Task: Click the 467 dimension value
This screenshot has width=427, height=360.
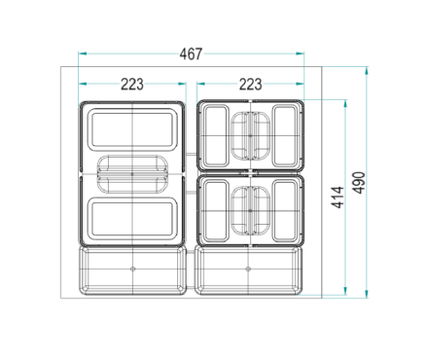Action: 191,54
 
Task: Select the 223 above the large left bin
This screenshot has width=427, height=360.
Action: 132,85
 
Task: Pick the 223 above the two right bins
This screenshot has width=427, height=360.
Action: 251,85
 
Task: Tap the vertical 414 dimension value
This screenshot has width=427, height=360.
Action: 338,198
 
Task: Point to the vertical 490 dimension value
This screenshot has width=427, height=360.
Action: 359,183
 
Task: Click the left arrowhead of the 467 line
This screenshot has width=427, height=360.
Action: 83,54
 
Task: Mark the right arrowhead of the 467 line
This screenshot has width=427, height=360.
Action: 300,54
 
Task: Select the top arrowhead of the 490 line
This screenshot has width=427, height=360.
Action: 367,71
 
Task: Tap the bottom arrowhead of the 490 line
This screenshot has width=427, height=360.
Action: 367,294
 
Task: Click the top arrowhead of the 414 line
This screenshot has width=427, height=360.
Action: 345,104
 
